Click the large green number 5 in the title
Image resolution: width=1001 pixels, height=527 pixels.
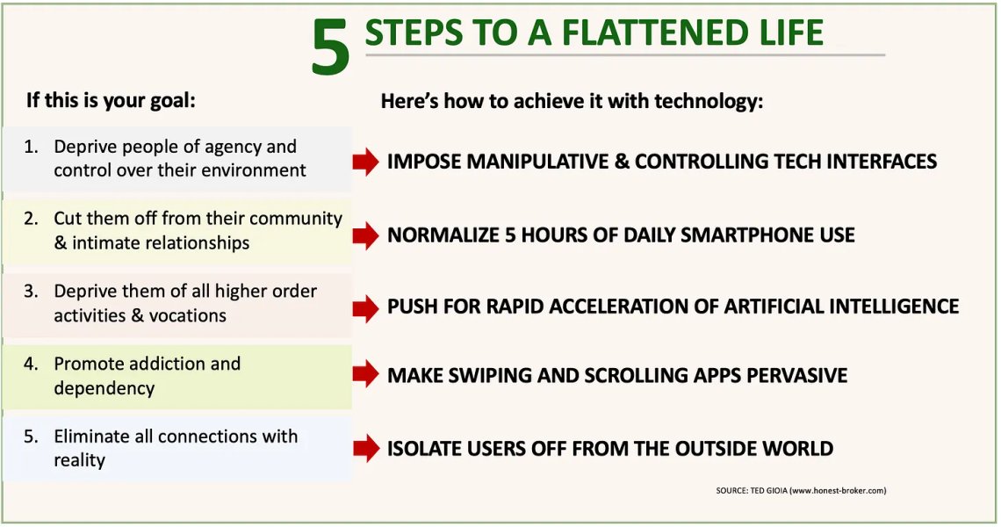click(x=331, y=47)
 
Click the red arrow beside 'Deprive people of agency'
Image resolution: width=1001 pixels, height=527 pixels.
click(x=366, y=162)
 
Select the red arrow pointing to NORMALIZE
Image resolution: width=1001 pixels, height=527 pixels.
click(x=366, y=235)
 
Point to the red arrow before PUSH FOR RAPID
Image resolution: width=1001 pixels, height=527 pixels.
click(x=366, y=308)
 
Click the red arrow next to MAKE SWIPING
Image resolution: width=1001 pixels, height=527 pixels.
click(x=366, y=373)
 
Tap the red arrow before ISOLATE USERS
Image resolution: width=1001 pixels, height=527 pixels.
click(x=366, y=448)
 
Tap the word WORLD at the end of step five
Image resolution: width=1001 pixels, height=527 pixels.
click(x=798, y=449)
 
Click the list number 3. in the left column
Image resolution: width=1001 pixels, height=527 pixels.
click(x=32, y=292)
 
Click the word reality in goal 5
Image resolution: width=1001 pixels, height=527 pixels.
click(x=79, y=460)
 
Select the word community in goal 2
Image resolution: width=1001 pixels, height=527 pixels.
click(x=296, y=219)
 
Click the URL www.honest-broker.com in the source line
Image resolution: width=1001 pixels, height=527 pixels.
click(x=839, y=491)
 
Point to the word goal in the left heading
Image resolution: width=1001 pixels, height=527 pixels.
click(x=172, y=101)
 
